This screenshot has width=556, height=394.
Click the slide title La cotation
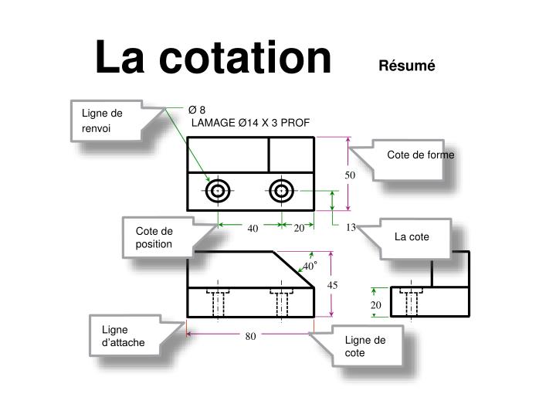click(212, 59)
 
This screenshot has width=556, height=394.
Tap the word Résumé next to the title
click(407, 66)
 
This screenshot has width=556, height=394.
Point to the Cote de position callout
click(154, 237)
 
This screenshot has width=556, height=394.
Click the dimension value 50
click(350, 175)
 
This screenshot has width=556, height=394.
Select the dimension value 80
click(251, 336)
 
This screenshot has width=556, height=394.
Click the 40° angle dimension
click(310, 266)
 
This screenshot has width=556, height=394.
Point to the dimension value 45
click(333, 285)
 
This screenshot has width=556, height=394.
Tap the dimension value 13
click(351, 227)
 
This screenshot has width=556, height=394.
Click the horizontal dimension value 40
click(253, 227)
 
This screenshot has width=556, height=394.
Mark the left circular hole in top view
click(218, 190)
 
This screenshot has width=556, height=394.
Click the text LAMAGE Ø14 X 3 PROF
click(250, 122)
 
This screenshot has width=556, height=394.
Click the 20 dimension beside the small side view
click(376, 305)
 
